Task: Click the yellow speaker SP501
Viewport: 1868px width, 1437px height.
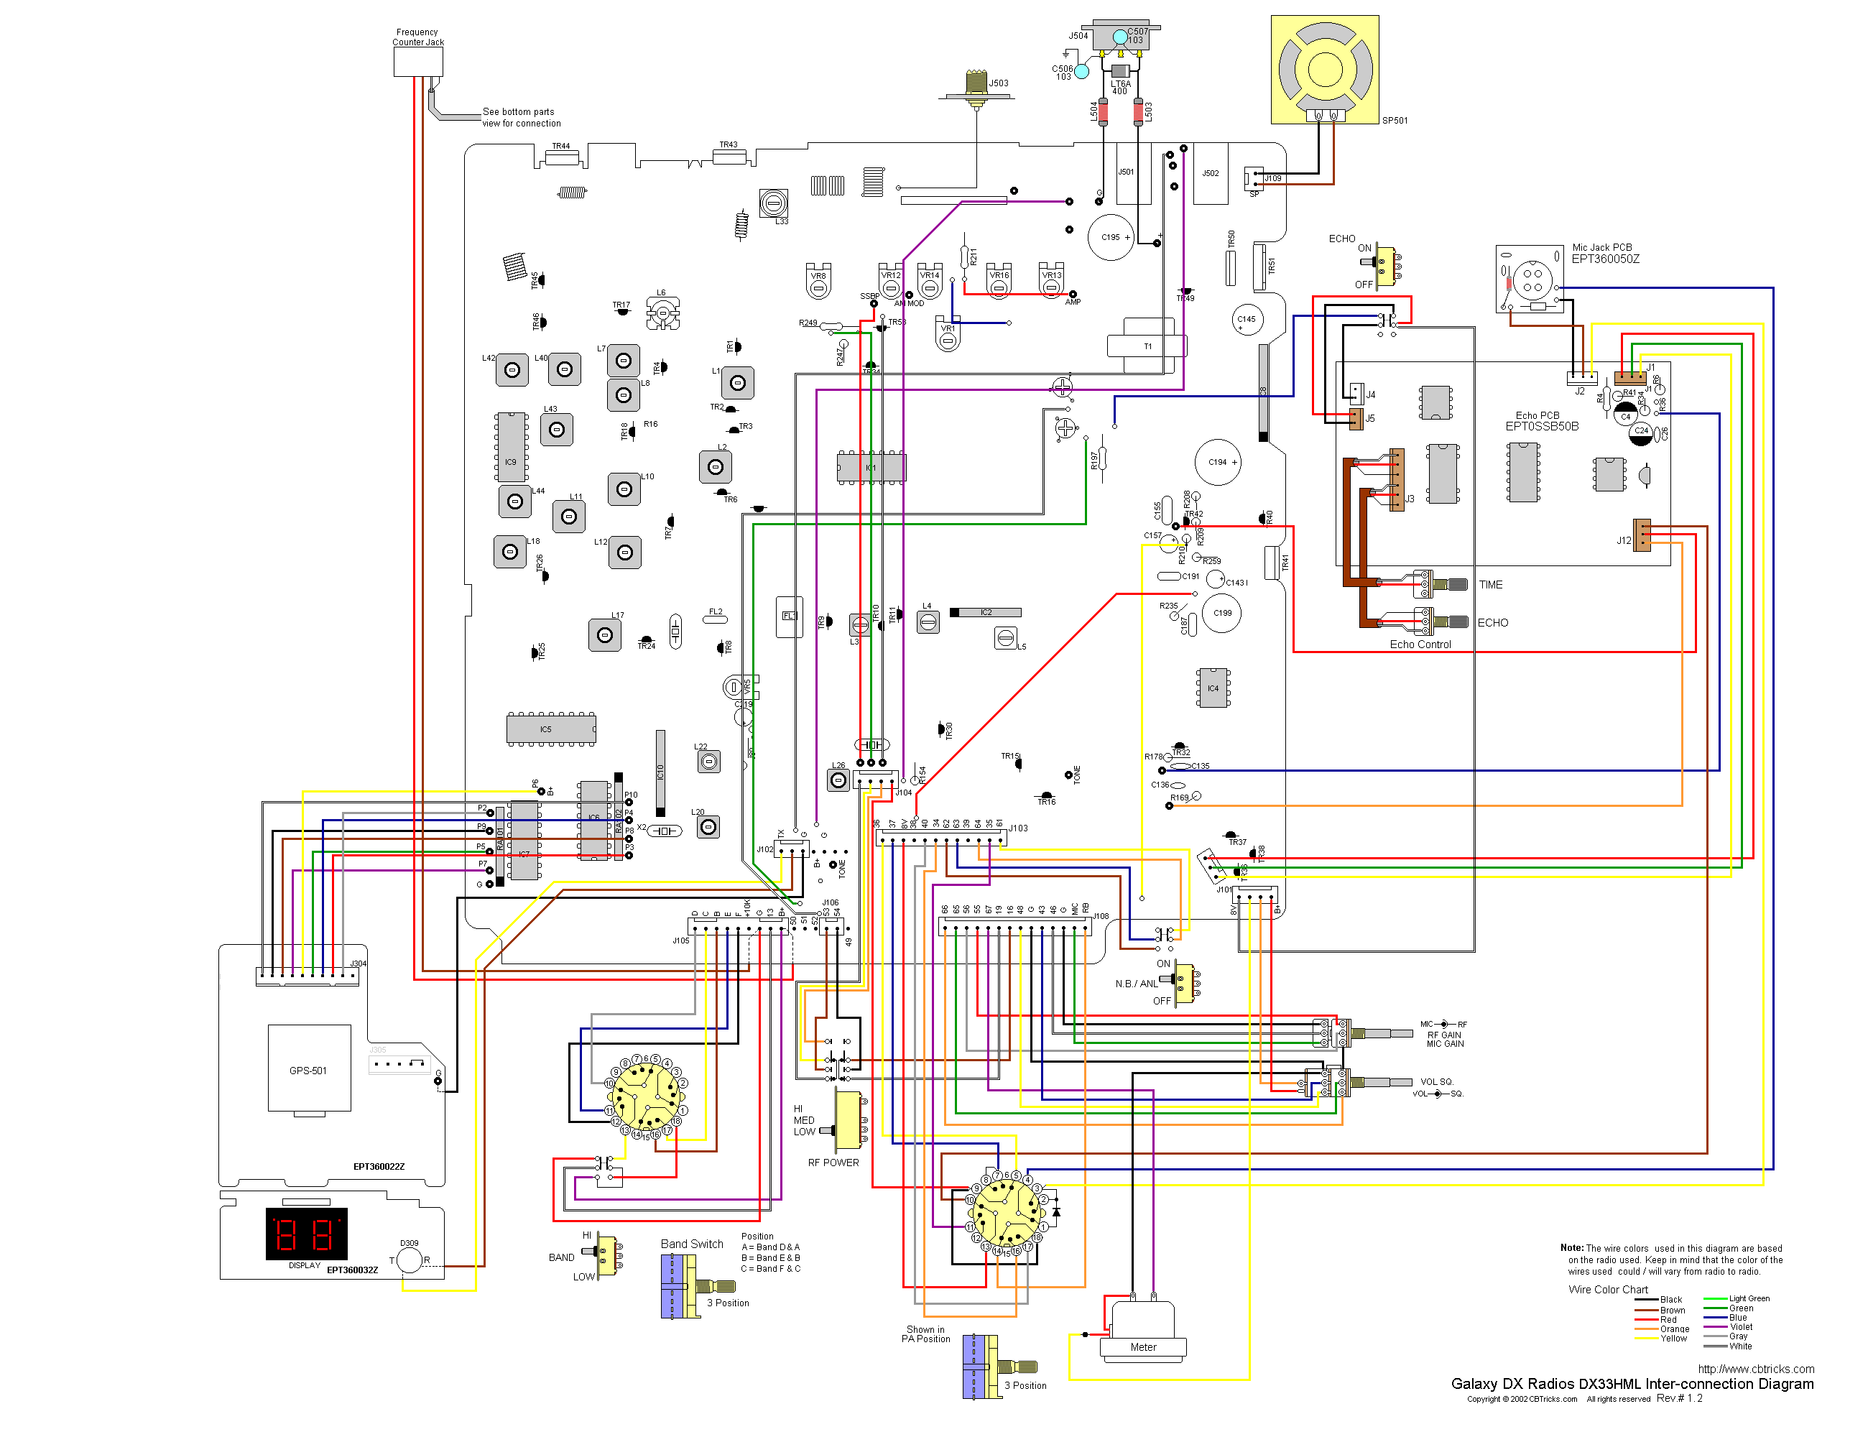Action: pos(1324,69)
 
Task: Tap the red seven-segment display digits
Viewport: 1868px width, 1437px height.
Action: pos(305,1234)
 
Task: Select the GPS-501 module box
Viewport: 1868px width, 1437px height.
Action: pos(309,1069)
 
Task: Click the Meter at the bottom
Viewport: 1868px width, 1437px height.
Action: pos(1142,1331)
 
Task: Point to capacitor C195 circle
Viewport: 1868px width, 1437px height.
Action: pos(1110,237)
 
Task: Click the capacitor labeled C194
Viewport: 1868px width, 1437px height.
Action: pos(1217,462)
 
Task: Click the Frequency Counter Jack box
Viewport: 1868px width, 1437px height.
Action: pos(417,62)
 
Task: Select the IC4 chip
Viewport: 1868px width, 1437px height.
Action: pos(1213,688)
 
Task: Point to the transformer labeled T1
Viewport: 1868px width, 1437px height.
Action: pos(1146,346)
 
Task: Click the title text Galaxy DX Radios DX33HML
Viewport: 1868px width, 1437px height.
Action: pos(1631,1384)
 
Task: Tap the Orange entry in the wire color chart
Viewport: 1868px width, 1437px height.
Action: pos(1674,1329)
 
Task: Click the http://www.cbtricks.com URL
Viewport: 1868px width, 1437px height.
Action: pos(1755,1369)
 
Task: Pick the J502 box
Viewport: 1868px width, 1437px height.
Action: pos(1211,174)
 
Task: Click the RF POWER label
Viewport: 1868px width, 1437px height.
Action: pos(833,1163)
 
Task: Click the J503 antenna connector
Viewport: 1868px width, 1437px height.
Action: pos(976,85)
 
